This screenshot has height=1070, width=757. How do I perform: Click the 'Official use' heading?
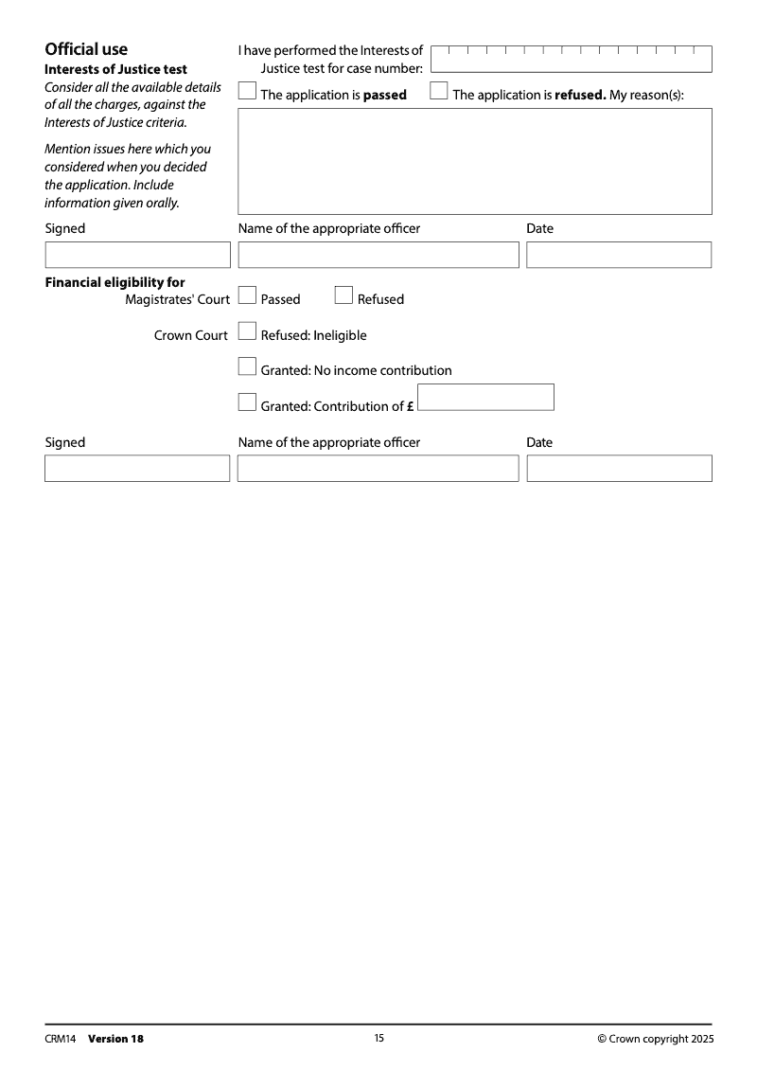[86, 50]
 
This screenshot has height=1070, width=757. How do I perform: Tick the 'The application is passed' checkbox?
[247, 92]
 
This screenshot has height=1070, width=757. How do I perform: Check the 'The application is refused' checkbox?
[439, 92]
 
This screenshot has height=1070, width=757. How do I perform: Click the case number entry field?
[571, 59]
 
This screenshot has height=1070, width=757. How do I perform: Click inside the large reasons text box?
[474, 161]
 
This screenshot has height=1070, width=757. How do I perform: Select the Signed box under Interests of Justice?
[137, 255]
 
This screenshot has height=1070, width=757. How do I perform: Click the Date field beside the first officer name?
[619, 255]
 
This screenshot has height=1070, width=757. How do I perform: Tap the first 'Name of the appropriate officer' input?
[378, 255]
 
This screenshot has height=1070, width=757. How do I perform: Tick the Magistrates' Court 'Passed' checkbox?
[247, 296]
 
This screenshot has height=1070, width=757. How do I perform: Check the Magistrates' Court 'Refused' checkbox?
[343, 296]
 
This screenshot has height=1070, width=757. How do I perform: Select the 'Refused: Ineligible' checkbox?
[247, 332]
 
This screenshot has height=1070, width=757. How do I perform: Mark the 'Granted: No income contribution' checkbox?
[247, 367]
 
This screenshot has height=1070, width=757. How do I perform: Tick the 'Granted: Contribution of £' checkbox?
[247, 403]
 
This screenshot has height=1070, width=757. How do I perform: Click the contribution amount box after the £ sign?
[485, 398]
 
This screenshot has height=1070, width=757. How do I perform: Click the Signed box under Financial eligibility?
[137, 469]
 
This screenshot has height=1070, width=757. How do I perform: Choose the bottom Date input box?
[619, 469]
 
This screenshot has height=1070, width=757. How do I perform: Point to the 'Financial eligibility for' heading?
[115, 282]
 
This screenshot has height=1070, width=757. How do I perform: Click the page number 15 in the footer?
[378, 1038]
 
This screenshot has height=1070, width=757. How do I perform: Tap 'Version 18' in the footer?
[115, 1039]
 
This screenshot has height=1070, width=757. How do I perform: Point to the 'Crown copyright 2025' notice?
[656, 1039]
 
